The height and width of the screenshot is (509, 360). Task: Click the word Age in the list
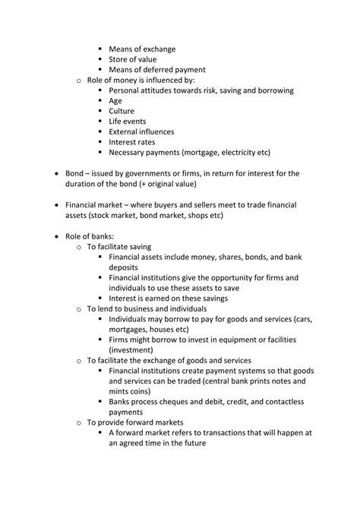coord(115,100)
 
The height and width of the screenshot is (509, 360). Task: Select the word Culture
coord(122,111)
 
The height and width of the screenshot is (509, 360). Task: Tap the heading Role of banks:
coord(93,236)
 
